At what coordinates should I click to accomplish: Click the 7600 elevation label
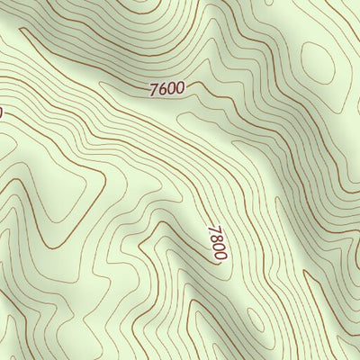coord(166,88)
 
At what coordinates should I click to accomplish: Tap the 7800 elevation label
coord(217,243)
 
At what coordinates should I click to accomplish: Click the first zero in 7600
coord(171,88)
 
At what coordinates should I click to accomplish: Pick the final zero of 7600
coord(180,88)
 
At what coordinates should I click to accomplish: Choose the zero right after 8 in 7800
coord(218,247)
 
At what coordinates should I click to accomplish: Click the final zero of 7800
coord(220,256)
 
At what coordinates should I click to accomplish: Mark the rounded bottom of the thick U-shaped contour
coord(54,245)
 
